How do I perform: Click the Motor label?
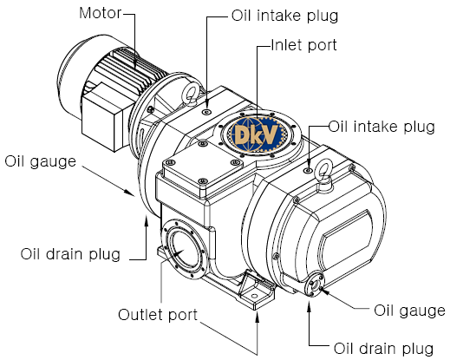coord(101,13)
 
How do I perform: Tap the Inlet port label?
coord(304,45)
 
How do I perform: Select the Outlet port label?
coord(158,315)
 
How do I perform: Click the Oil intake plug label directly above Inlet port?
coord(284,16)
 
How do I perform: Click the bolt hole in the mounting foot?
coord(254,296)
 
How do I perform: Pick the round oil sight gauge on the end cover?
coord(314,285)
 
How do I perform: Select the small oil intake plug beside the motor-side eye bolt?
coord(206,112)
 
